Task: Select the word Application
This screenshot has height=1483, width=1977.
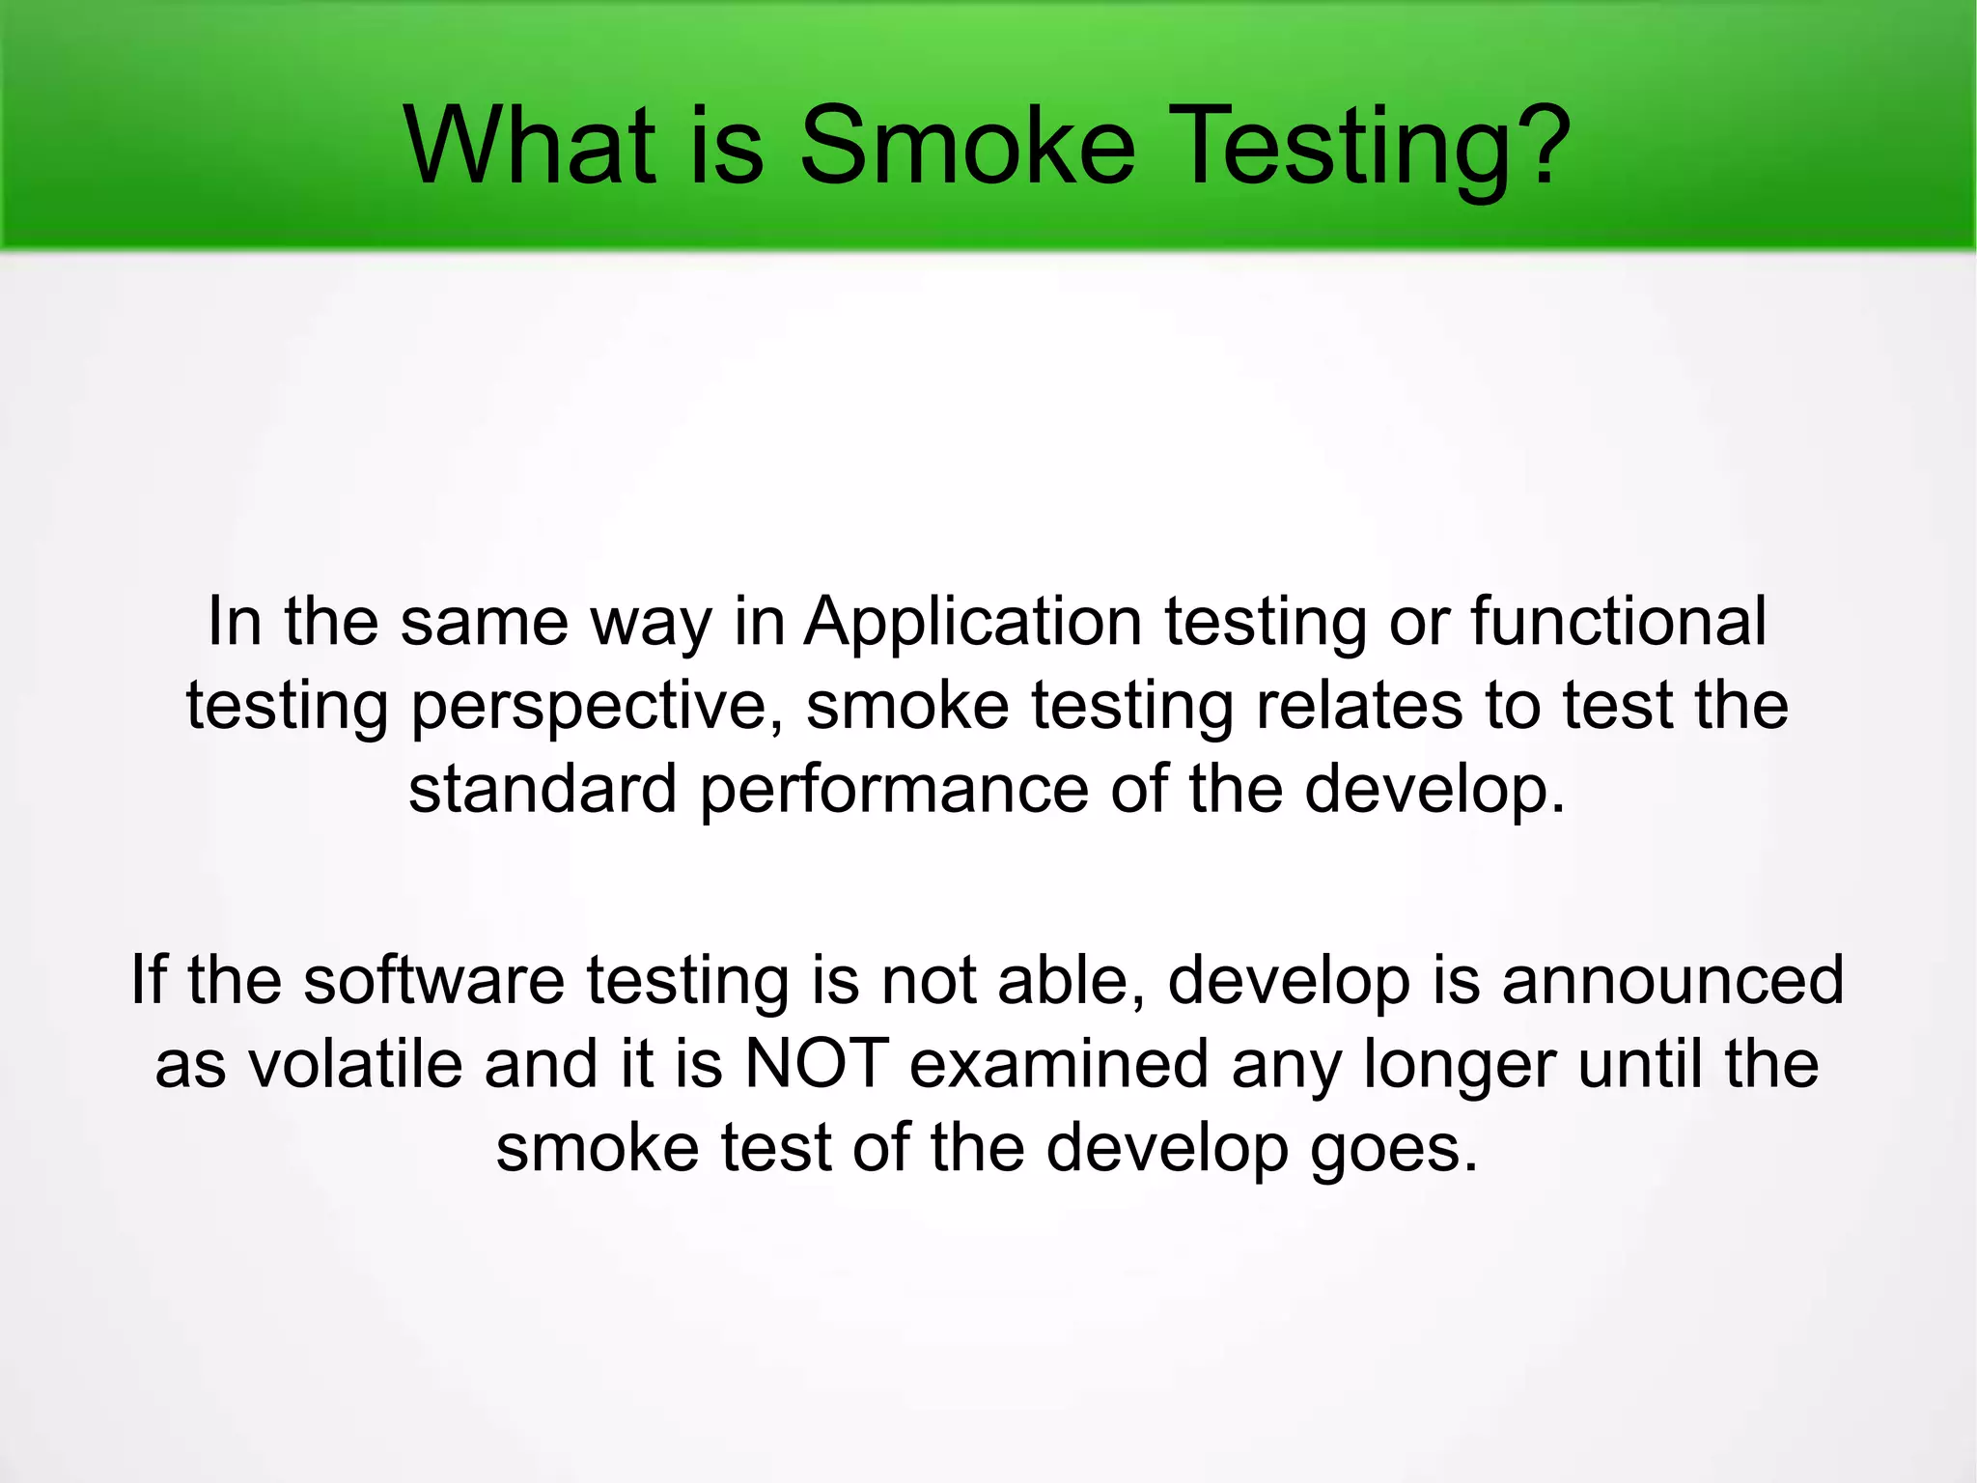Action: (x=973, y=623)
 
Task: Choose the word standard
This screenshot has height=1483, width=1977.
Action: (x=543, y=789)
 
